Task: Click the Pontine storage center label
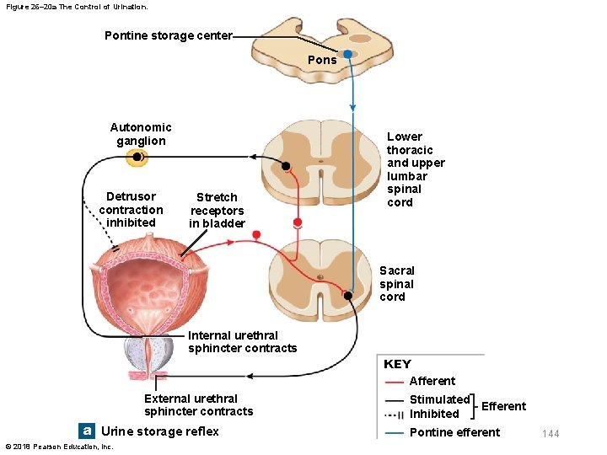pyautogui.click(x=168, y=35)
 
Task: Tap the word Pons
pyautogui.click(x=322, y=60)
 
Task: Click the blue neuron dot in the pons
pyautogui.click(x=347, y=54)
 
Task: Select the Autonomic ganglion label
pyautogui.click(x=141, y=134)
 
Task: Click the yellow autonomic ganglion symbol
pyautogui.click(x=137, y=158)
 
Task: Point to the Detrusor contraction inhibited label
pyautogui.click(x=131, y=210)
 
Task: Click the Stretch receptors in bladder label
pyautogui.click(x=217, y=211)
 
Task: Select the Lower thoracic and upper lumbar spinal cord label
pyautogui.click(x=415, y=169)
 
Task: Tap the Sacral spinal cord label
pyautogui.click(x=396, y=283)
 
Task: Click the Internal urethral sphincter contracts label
pyautogui.click(x=242, y=342)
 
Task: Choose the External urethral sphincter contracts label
pyautogui.click(x=198, y=405)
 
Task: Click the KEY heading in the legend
pyautogui.click(x=397, y=364)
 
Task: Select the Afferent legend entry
pyautogui.click(x=432, y=381)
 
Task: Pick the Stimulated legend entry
pyautogui.click(x=439, y=399)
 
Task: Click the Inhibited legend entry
pyautogui.click(x=434, y=414)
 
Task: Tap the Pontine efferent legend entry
pyautogui.click(x=454, y=432)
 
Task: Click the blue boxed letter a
pyautogui.click(x=86, y=431)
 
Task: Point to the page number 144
pyautogui.click(x=551, y=434)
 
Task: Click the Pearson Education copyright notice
pyautogui.click(x=59, y=446)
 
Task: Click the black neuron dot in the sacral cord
pyautogui.click(x=348, y=296)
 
